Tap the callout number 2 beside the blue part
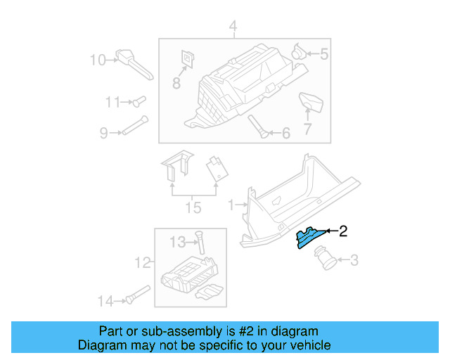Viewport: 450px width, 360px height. pos(343,231)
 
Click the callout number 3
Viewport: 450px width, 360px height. pos(354,262)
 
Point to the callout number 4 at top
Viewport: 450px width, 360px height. pos(233,27)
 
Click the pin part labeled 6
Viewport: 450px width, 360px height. pos(257,127)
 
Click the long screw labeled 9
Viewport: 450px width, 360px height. pos(134,125)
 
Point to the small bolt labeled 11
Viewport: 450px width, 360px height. pos(138,103)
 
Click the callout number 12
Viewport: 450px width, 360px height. pos(143,263)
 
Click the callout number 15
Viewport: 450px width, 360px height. pos(193,207)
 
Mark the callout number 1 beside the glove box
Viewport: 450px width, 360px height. pos(231,205)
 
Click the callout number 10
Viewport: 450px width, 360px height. pos(98,60)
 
